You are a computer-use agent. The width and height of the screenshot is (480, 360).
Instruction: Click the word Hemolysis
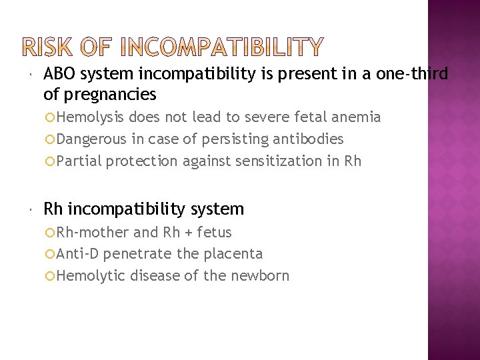tap(90, 117)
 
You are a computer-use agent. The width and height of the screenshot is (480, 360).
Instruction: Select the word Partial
tap(79, 161)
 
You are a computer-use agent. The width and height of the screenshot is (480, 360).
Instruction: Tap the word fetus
tap(215, 232)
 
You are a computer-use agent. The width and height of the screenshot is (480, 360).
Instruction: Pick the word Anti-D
tap(77, 253)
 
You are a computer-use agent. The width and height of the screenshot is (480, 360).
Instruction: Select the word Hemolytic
tap(91, 275)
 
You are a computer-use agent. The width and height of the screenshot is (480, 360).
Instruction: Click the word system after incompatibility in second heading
tap(217, 209)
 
